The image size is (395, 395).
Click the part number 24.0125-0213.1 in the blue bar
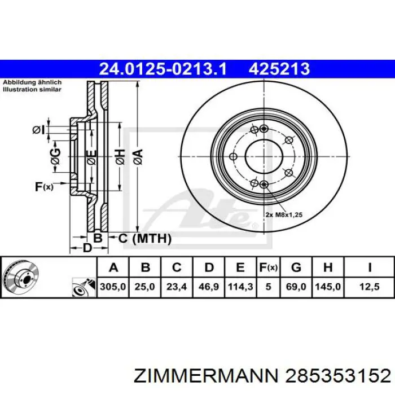pyautogui.click(x=163, y=69)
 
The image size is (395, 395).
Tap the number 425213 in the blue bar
pyautogui.click(x=279, y=69)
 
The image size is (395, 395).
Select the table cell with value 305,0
pyautogui.click(x=113, y=287)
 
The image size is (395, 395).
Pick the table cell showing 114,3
pyautogui.click(x=240, y=287)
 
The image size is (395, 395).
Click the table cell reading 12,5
pyautogui.click(x=369, y=287)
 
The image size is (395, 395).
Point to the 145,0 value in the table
pyautogui.click(x=328, y=287)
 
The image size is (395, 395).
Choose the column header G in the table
pyautogui.click(x=296, y=267)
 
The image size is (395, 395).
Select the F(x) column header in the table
pyautogui.click(x=269, y=267)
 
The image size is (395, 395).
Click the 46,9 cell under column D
pyautogui.click(x=209, y=287)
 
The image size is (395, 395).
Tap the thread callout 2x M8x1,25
pyautogui.click(x=284, y=214)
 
